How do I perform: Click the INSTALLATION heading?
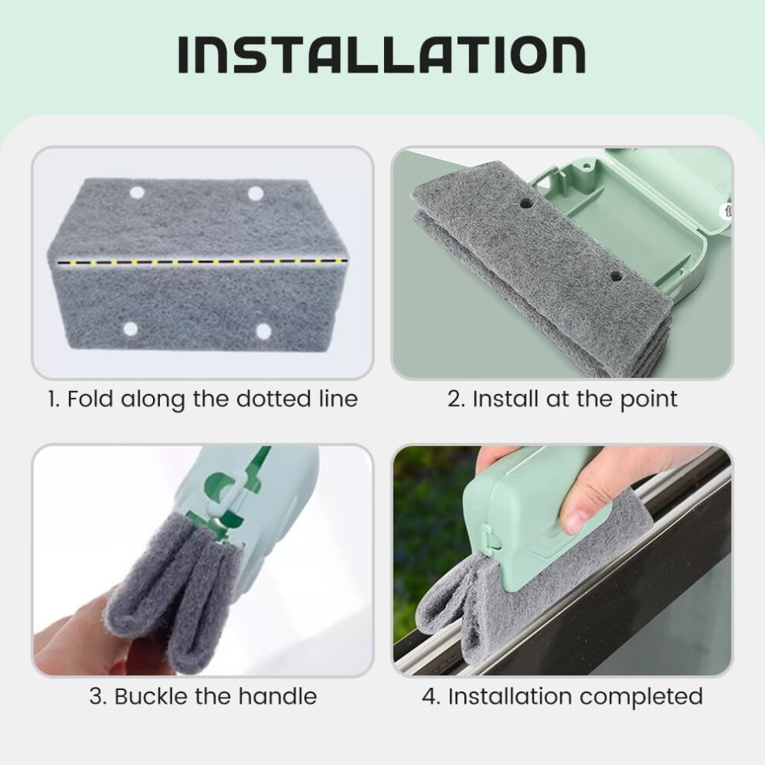tap(382, 55)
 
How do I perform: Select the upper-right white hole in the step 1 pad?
tap(256, 194)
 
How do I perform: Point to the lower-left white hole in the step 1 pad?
tap(131, 329)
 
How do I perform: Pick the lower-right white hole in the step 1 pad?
tap(264, 331)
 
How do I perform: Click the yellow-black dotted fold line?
tap(203, 262)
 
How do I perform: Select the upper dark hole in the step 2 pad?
tap(526, 202)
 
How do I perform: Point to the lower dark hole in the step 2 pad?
tap(616, 277)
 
